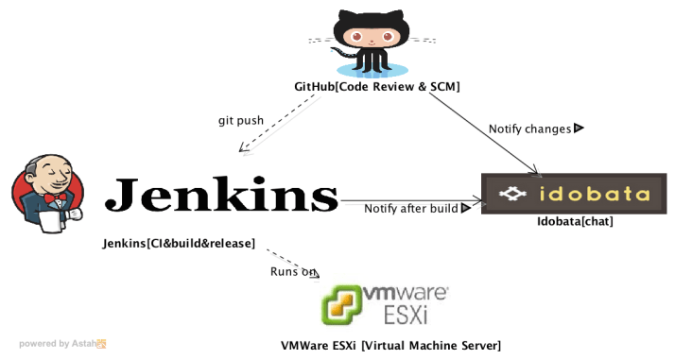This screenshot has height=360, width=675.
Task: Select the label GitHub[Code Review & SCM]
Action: click(x=376, y=87)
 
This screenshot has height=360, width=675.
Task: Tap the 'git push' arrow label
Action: click(x=240, y=120)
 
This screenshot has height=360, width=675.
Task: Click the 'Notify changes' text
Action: click(x=529, y=129)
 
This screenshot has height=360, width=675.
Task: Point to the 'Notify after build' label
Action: click(x=411, y=208)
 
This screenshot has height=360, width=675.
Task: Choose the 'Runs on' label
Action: click(x=293, y=272)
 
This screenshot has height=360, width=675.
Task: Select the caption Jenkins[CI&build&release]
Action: click(x=179, y=244)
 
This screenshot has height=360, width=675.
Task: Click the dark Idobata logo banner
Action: click(x=566, y=195)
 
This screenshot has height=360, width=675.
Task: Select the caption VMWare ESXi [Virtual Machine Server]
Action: click(x=390, y=345)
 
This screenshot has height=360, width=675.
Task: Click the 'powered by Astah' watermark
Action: click(x=62, y=344)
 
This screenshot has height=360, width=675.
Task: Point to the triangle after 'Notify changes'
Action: click(x=579, y=128)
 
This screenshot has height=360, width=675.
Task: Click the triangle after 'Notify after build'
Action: click(x=465, y=208)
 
